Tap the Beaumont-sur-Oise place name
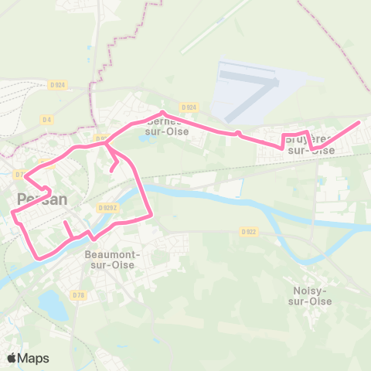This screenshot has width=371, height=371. tap(112, 259)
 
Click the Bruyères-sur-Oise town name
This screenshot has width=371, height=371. tap(311, 145)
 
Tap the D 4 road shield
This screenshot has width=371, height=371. tap(46, 119)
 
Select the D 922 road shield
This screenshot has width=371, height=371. tap(248, 231)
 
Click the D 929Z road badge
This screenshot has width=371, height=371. tap(107, 207)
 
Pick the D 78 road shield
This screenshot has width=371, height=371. tap(77, 294)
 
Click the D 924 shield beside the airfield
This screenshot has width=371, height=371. tap(189, 107)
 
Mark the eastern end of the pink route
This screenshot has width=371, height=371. tap(359, 122)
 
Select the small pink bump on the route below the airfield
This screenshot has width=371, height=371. tap(238, 133)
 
